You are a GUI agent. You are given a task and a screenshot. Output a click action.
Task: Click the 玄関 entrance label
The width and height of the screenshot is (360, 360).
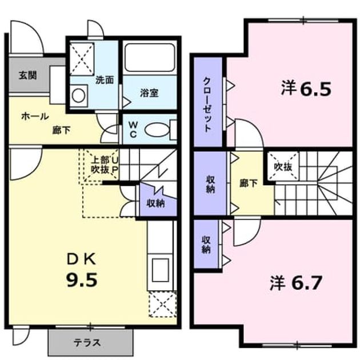[x=28, y=75]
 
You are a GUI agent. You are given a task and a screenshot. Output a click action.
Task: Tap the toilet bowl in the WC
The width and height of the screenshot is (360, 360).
[x=157, y=130]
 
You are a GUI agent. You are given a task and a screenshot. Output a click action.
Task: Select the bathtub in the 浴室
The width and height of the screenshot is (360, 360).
[x=150, y=57]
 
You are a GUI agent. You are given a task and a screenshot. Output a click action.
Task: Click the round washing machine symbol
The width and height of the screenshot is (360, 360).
[x=78, y=96]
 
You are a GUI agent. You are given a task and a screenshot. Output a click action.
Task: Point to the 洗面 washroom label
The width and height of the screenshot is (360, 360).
[x=105, y=79]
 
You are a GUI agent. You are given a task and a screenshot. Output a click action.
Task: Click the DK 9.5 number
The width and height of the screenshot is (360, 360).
[x=82, y=280]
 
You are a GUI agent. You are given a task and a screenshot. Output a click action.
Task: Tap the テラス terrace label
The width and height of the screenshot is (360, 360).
[x=87, y=343]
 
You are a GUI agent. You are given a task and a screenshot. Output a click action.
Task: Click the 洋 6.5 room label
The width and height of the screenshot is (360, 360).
[x=306, y=89]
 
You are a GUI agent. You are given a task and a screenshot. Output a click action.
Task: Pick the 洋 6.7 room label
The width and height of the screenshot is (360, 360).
[x=295, y=283]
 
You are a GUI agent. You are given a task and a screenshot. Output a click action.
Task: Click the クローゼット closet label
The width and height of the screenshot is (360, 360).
[x=207, y=105]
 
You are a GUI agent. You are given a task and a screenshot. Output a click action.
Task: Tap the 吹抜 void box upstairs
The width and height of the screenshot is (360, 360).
[x=283, y=166]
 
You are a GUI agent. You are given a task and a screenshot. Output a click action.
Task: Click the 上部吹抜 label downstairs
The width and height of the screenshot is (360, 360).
[x=100, y=165]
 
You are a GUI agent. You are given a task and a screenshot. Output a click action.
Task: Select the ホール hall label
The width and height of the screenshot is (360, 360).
[x=35, y=117]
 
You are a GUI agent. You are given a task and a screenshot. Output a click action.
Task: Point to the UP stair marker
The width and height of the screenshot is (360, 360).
[x=114, y=165]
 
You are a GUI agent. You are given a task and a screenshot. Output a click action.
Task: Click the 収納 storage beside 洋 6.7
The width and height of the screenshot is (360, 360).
[x=206, y=245]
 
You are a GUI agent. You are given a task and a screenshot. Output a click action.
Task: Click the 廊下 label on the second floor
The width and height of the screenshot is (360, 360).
[x=249, y=183]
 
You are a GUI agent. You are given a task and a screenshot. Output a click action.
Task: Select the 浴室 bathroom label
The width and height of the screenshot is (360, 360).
[x=150, y=93]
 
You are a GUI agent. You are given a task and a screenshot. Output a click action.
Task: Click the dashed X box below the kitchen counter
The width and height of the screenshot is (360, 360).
[x=162, y=305]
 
